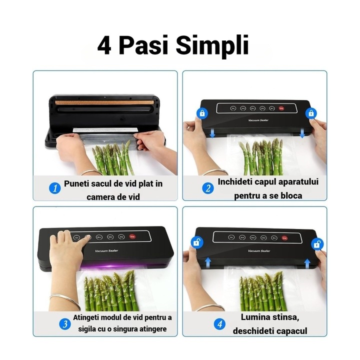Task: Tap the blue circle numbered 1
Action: [55, 188]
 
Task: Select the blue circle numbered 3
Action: [64, 324]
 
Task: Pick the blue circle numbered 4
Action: [220, 324]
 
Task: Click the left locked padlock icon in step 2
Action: [202, 113]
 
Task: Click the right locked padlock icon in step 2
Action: [311, 113]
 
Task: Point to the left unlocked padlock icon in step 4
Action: [194, 243]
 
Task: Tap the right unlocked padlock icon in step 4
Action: [316, 244]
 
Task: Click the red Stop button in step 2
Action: [281, 108]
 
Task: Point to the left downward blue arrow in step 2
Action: [212, 133]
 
